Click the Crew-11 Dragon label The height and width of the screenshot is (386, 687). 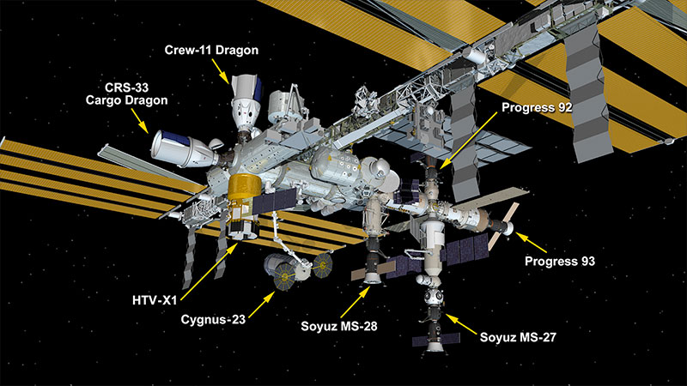(211, 51)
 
